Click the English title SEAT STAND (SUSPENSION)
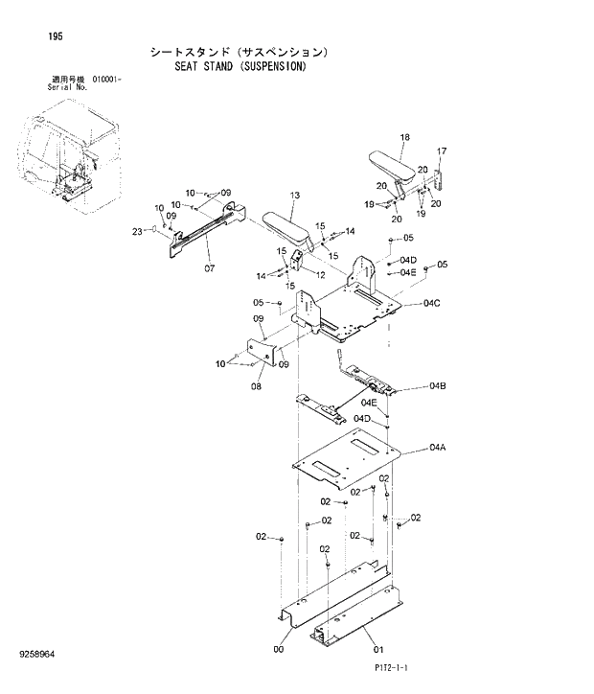click(x=240, y=69)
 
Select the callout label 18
click(x=403, y=138)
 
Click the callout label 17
click(x=442, y=151)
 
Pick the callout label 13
click(x=294, y=196)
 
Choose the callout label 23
click(x=137, y=231)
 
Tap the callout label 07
click(x=209, y=268)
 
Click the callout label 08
click(x=256, y=386)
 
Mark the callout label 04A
click(x=438, y=448)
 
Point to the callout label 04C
click(x=431, y=305)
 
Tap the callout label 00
click(x=278, y=648)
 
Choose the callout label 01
click(x=377, y=648)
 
